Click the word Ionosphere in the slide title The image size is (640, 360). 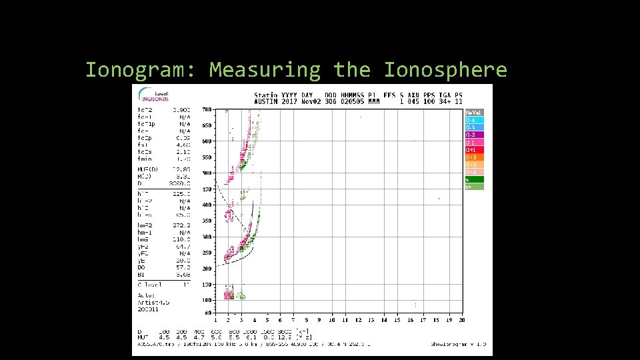(445, 69)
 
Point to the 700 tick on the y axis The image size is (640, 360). (207, 109)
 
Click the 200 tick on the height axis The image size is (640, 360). (207, 269)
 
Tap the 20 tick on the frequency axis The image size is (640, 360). (461, 320)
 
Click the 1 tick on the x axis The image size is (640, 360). (215, 320)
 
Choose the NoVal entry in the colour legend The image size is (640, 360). (473, 113)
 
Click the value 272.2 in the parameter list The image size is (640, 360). (181, 225)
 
